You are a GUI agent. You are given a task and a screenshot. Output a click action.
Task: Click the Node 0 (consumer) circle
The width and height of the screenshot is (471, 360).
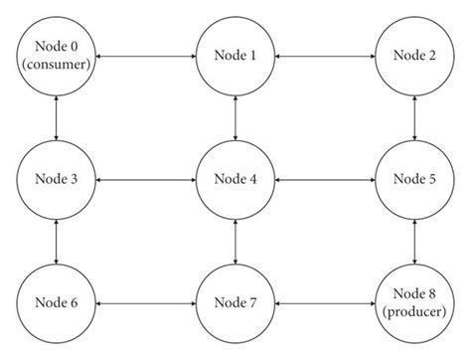(x=57, y=57)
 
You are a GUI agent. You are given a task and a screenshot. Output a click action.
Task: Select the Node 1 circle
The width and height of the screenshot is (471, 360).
(x=235, y=57)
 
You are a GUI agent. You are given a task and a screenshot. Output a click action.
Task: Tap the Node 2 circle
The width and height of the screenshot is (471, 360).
(x=413, y=57)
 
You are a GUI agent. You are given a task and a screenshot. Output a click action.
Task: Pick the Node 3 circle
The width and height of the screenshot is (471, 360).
(x=57, y=179)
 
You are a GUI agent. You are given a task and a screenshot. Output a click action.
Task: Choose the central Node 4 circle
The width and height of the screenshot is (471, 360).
(x=235, y=179)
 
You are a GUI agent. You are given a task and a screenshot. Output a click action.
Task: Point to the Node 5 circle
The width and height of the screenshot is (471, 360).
(x=413, y=179)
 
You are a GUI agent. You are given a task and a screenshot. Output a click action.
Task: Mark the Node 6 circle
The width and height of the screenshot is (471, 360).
(x=57, y=302)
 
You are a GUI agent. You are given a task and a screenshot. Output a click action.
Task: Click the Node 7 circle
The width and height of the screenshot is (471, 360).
(x=235, y=302)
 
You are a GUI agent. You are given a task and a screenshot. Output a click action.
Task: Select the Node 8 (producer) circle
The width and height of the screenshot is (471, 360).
(x=413, y=302)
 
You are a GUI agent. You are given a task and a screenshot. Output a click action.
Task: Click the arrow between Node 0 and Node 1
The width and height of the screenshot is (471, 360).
(x=146, y=57)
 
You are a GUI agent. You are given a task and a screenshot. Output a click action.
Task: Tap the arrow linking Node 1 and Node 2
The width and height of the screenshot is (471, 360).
(x=324, y=57)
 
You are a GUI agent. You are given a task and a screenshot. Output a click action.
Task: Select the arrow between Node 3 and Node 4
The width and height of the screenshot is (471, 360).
(x=146, y=179)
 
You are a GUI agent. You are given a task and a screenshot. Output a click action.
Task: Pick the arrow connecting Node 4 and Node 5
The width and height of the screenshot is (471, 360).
(x=324, y=179)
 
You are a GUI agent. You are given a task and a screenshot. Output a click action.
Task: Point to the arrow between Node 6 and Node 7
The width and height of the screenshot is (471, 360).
(x=146, y=302)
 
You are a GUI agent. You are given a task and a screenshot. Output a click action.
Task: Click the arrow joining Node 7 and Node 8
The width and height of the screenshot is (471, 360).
(x=324, y=302)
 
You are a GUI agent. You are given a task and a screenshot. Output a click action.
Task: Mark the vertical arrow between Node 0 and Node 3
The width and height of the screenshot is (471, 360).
(x=57, y=118)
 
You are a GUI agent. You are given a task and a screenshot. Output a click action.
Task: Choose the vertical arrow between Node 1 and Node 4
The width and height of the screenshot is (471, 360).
(x=235, y=118)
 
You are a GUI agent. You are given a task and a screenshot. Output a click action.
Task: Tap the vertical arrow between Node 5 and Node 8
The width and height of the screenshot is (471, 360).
(x=413, y=241)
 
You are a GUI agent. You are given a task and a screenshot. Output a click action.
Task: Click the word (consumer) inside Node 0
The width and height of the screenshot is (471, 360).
(x=57, y=67)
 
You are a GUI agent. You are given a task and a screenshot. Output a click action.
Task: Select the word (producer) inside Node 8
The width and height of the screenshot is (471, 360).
(x=413, y=312)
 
